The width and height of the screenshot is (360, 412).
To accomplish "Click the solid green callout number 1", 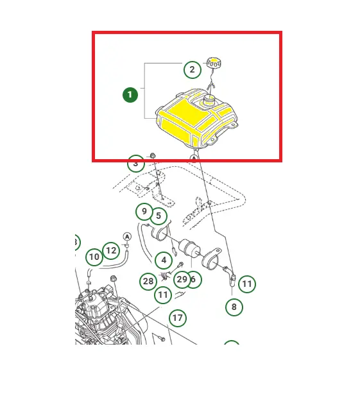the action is coord(130,95).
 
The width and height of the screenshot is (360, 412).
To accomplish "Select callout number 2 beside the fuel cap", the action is coord(193,70).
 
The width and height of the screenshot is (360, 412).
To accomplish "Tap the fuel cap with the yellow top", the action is coord(214,63).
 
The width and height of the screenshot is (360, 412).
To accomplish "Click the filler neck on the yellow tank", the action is coord(209,100).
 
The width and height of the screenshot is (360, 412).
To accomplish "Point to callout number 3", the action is coord(135,164).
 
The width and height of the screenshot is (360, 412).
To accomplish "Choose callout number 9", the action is coord(144,212).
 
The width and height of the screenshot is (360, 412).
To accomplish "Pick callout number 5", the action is coord(159,216).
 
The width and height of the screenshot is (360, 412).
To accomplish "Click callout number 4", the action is coord(164,261).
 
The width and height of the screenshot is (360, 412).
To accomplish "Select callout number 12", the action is coord(111,251).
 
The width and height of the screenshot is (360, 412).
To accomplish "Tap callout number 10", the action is coord(94,257).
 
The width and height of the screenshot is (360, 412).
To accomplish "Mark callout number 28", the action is coord(148,282).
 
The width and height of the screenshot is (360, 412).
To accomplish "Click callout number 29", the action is coord(182,279).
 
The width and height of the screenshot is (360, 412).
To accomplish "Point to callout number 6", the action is coord(194,279).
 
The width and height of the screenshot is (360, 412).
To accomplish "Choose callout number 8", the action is coord(234,307).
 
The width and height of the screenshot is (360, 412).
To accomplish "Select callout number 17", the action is coord(178,318).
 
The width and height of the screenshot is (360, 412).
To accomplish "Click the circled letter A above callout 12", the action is coord(127,237).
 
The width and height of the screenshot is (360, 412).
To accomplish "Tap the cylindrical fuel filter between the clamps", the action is coord(189,248).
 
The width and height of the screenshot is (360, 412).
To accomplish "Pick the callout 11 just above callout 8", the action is coord(247,284).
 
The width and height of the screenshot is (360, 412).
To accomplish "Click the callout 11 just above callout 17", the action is coord(163,295).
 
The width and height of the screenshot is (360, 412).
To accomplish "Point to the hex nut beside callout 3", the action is coord(153,155).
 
